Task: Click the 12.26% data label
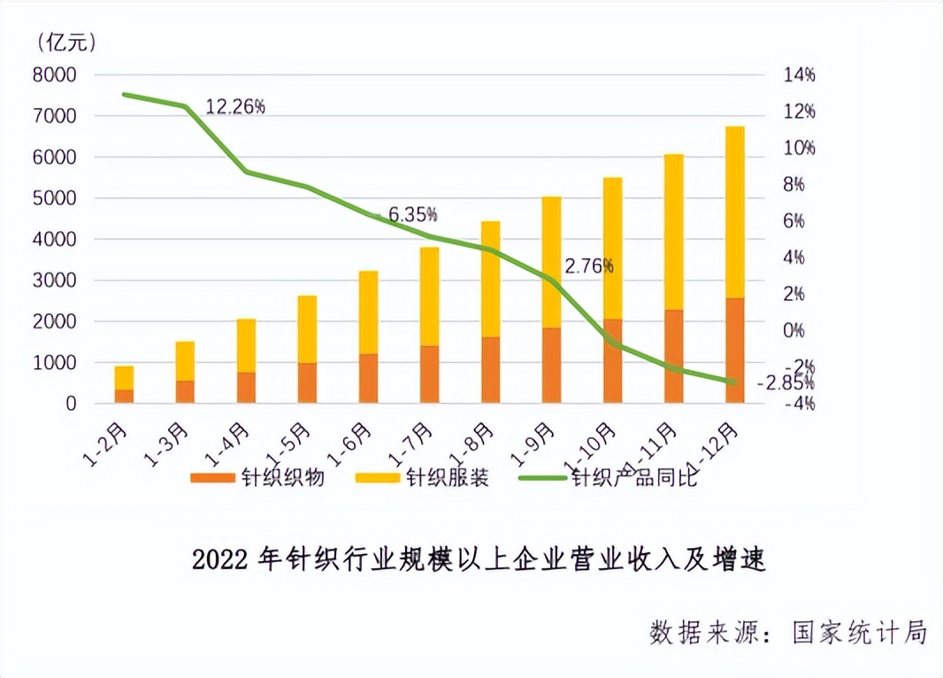tap(235, 107)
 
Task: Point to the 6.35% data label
tap(413, 214)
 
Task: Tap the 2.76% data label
tap(589, 265)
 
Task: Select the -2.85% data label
tap(786, 383)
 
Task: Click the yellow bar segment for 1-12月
tap(734, 212)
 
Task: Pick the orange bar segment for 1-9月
tap(551, 366)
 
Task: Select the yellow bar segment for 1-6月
tap(368, 312)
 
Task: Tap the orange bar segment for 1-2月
tap(125, 396)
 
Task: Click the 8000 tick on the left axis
tap(55, 75)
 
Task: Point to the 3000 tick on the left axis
tap(55, 281)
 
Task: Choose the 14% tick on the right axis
tap(799, 75)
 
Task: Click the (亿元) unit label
tap(67, 41)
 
